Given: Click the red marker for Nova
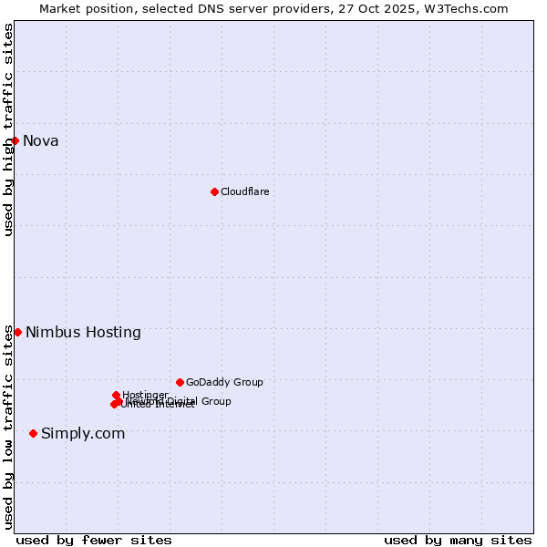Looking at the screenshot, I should click(15, 140).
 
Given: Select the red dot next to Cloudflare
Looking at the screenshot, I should click(214, 191).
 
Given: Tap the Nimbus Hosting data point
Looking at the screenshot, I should click(17, 332).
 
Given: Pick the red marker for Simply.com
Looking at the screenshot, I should click(34, 433).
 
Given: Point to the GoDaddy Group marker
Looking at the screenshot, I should click(180, 382).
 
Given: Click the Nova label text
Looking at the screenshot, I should click(41, 140).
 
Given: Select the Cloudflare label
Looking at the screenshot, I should click(244, 191).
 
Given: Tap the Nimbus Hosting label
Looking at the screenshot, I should click(83, 332).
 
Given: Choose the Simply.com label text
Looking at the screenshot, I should click(83, 433).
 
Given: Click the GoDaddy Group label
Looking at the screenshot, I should click(224, 382).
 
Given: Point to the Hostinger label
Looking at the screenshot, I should click(145, 395).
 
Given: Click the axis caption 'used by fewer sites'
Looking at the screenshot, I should click(94, 540).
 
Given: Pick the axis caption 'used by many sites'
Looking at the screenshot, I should click(458, 540).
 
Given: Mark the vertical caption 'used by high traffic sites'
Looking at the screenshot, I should click(8, 129).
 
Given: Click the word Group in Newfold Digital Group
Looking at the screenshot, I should click(215, 401).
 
